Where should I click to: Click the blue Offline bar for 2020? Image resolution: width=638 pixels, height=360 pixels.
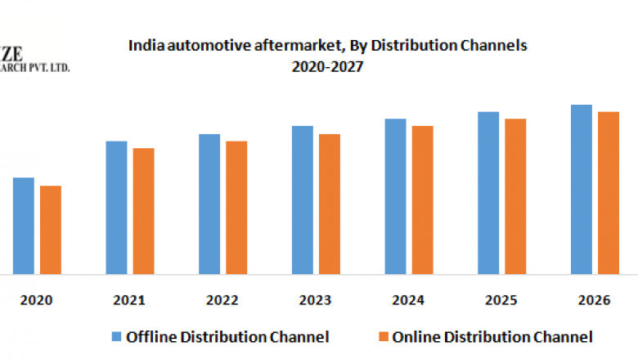click(x=23, y=225)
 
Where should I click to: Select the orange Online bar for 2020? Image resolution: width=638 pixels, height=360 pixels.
click(x=51, y=229)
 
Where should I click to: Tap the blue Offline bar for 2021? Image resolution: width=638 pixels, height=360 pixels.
click(x=116, y=207)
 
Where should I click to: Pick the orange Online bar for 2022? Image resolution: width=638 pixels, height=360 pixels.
click(x=236, y=207)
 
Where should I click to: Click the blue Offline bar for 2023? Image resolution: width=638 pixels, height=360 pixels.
click(x=302, y=200)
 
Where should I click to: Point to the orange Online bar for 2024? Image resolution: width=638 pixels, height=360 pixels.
click(x=422, y=200)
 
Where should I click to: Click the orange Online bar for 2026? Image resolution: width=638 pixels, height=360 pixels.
click(x=608, y=192)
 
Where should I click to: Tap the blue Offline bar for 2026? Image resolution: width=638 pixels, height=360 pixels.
click(x=581, y=189)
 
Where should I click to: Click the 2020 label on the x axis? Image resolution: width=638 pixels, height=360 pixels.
click(x=37, y=300)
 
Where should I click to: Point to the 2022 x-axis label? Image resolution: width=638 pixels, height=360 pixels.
click(x=222, y=300)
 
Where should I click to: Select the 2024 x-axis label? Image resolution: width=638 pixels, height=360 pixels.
click(x=408, y=300)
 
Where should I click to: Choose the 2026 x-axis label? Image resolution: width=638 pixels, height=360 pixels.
click(x=594, y=300)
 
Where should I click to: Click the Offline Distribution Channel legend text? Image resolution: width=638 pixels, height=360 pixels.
click(x=227, y=336)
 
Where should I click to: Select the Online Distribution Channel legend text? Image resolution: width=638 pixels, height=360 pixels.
click(x=492, y=336)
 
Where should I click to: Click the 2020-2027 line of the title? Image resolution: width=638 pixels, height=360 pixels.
click(x=327, y=67)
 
